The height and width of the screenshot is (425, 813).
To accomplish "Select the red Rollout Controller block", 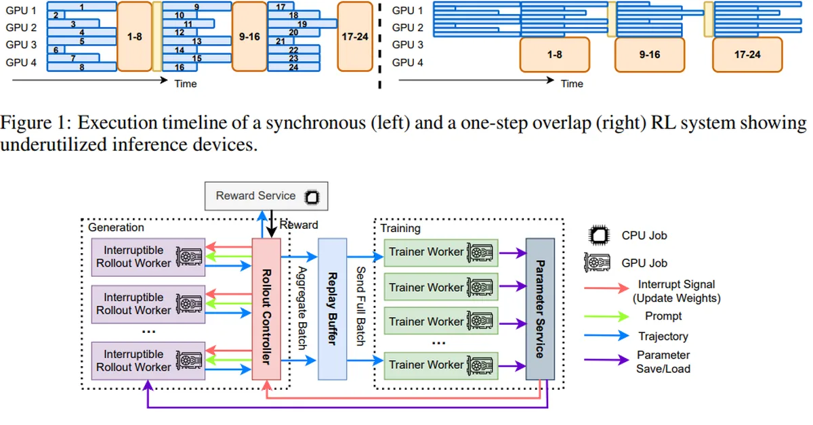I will pos(266,309).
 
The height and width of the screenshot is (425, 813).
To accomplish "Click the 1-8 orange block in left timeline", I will pos(134,36).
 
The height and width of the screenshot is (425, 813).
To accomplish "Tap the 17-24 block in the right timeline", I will pos(747,55).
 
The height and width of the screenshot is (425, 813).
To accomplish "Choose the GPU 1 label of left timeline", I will pos(21,10).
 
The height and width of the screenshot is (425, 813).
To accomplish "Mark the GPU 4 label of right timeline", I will pos(407,62).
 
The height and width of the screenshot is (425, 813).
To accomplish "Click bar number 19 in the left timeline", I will pos(302,24).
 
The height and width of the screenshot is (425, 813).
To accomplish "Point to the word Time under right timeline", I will pos(571,83).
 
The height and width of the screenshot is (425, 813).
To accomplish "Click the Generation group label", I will pos(116,227).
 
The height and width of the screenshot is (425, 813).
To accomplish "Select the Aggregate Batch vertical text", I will pos(302,308).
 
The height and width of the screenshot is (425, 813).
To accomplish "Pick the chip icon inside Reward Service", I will pos(312,197).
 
